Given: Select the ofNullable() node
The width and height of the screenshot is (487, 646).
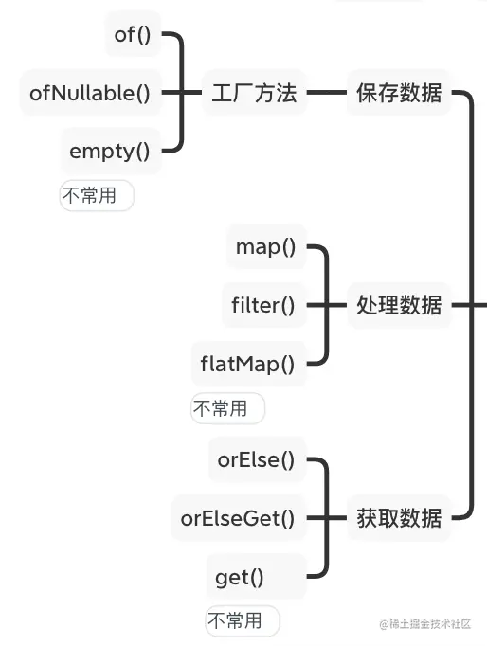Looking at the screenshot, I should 90,92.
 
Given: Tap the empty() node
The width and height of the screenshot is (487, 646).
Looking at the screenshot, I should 110,149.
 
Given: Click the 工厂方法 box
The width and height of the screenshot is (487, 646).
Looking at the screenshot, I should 254,93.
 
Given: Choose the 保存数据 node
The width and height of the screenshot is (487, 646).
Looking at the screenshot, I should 399,93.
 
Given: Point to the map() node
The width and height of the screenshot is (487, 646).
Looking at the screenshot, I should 266,247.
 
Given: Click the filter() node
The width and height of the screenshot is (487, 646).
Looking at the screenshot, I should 263,305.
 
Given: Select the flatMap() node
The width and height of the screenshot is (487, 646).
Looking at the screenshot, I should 247,363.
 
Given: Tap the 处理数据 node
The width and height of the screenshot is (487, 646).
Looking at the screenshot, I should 399,305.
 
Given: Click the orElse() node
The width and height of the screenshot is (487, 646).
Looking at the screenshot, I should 256,460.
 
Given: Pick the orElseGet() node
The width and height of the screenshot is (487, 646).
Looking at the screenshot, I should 238,518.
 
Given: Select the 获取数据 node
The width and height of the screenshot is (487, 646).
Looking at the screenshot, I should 399,518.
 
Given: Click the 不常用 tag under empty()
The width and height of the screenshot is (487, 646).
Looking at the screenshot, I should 96,196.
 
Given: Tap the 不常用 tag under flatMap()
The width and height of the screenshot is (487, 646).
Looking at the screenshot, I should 226,408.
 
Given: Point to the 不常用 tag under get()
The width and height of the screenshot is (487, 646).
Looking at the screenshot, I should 242,621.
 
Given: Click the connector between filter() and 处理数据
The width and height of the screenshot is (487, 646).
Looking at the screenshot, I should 334,305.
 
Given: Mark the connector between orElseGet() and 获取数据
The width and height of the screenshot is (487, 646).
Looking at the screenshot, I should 334,518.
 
